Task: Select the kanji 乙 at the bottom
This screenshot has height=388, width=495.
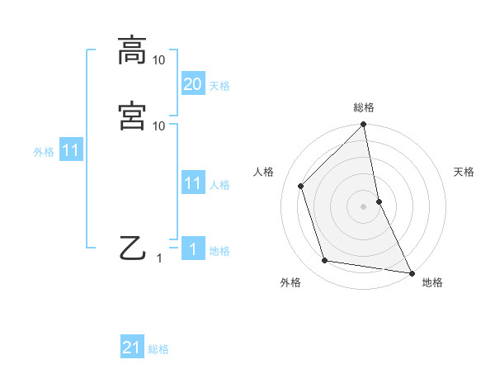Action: point(132,248)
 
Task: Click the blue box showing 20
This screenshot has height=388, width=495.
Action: point(192,84)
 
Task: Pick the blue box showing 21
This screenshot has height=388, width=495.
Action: point(132,348)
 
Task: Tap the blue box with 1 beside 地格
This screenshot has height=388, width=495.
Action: point(192,249)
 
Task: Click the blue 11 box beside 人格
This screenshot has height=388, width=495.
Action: point(192,183)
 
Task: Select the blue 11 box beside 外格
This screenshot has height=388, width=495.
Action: point(71,151)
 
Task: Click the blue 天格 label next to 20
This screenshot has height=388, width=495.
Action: point(219,85)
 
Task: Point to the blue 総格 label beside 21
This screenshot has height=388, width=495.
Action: point(158,349)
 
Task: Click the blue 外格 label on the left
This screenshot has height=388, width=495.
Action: point(43,152)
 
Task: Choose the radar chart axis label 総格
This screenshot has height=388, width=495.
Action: point(364,107)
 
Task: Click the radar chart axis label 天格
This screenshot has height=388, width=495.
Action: point(464,172)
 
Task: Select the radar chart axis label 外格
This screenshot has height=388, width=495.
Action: point(290,282)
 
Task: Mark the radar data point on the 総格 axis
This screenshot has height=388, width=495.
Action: point(364,125)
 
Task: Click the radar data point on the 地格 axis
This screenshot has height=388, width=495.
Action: point(412,272)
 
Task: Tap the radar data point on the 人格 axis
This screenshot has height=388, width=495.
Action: point(301,186)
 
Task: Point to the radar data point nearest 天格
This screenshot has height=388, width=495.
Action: point(379,201)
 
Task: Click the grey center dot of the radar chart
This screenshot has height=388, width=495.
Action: point(364,206)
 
